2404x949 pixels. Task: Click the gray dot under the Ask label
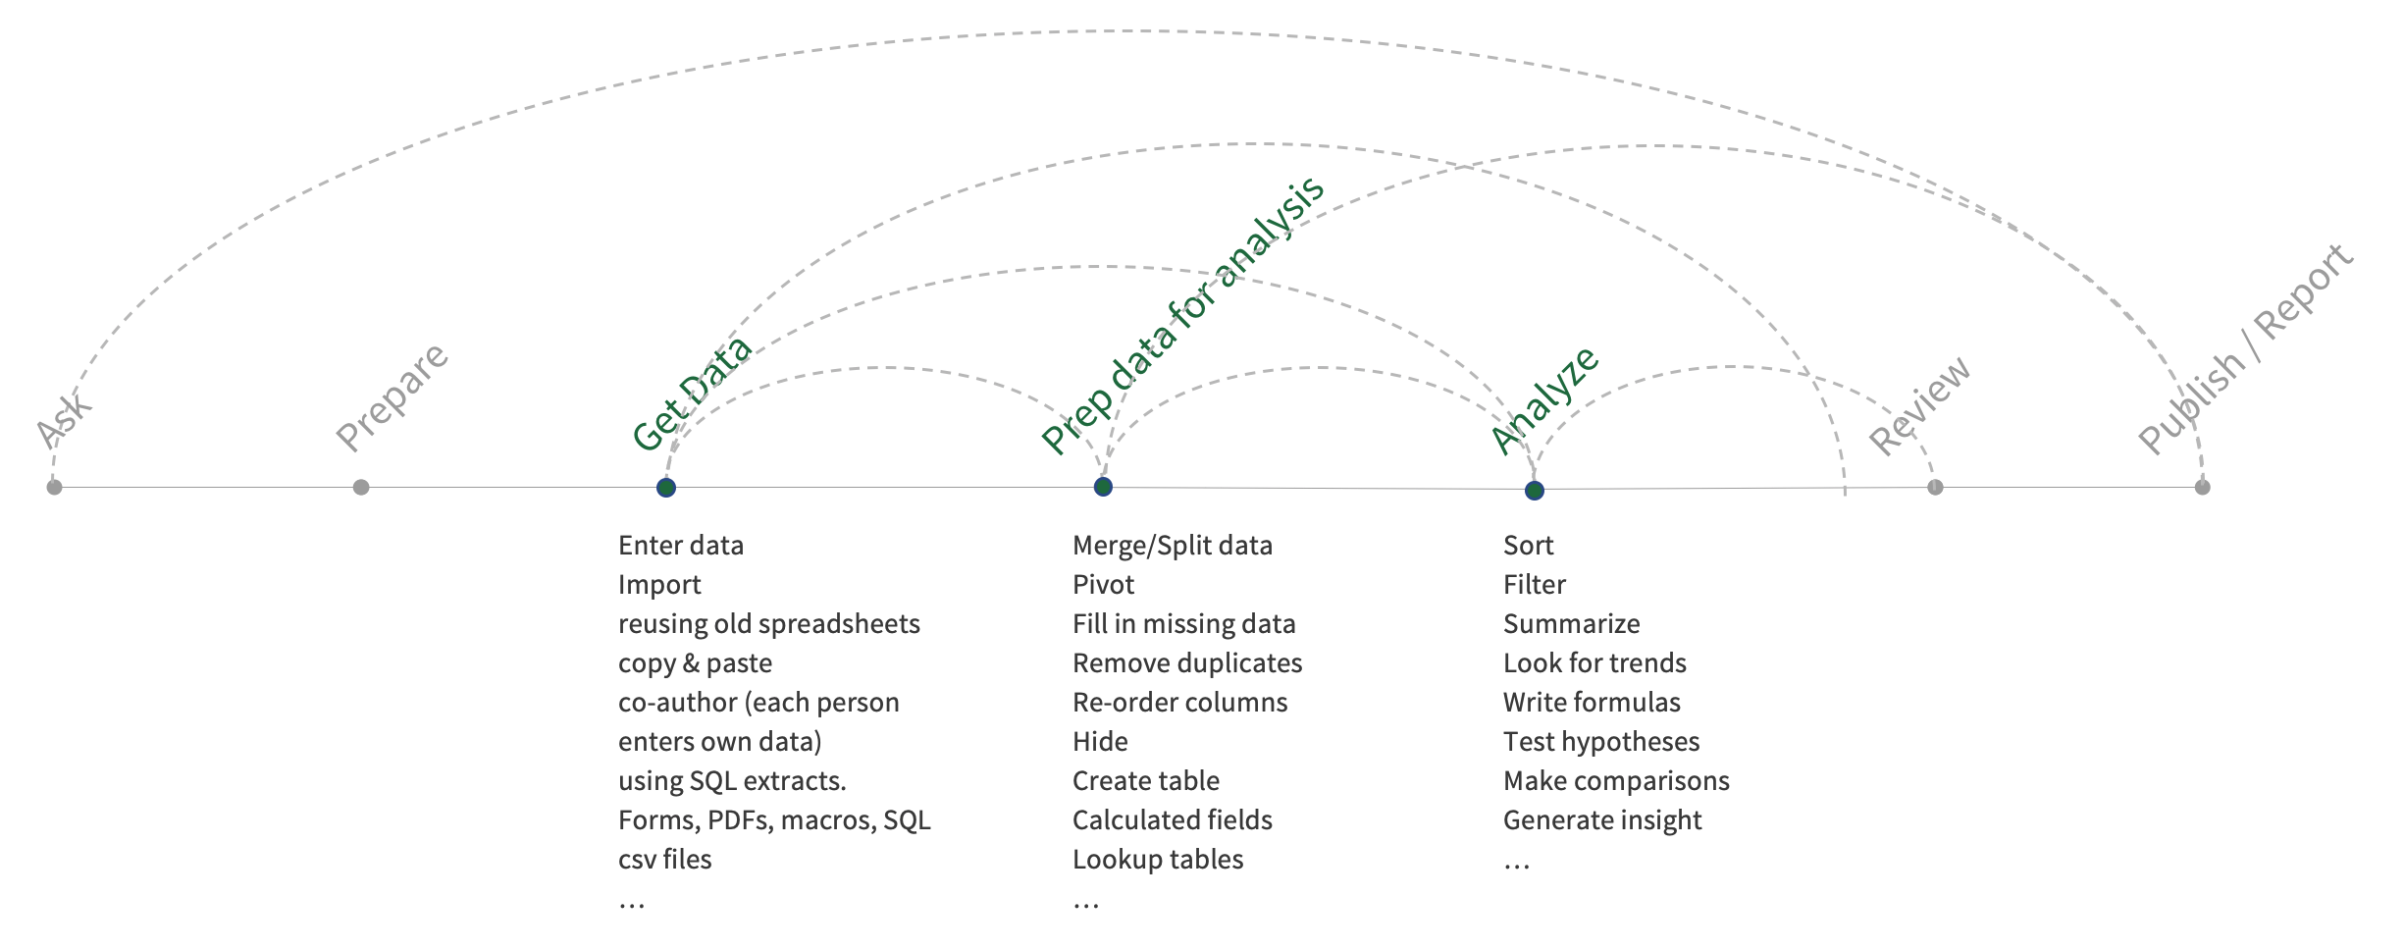pos(54,487)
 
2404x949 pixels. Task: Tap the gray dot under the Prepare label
pos(361,487)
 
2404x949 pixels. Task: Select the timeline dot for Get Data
pos(666,488)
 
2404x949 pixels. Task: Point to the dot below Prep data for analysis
pos(1103,487)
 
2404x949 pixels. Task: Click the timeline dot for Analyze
pos(1535,491)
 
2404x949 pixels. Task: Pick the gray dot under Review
pos(1935,487)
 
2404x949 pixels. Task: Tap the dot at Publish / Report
pos(2203,487)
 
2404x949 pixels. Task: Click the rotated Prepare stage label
pos(392,396)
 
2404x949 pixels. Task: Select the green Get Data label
pos(691,394)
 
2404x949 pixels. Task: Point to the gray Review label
pos(1919,405)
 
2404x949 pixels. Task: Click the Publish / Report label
pos(2246,349)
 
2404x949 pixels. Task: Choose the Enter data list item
pos(681,546)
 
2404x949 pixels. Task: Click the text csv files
pos(664,860)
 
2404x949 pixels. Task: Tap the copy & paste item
pos(695,663)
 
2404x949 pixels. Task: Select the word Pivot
pos(1103,585)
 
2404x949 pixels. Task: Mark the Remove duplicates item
pos(1187,663)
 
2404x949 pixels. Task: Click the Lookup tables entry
pos(1158,860)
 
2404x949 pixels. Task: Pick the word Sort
pos(1529,546)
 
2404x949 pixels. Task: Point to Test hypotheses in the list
pos(1601,742)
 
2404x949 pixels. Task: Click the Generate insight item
pos(1602,820)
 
